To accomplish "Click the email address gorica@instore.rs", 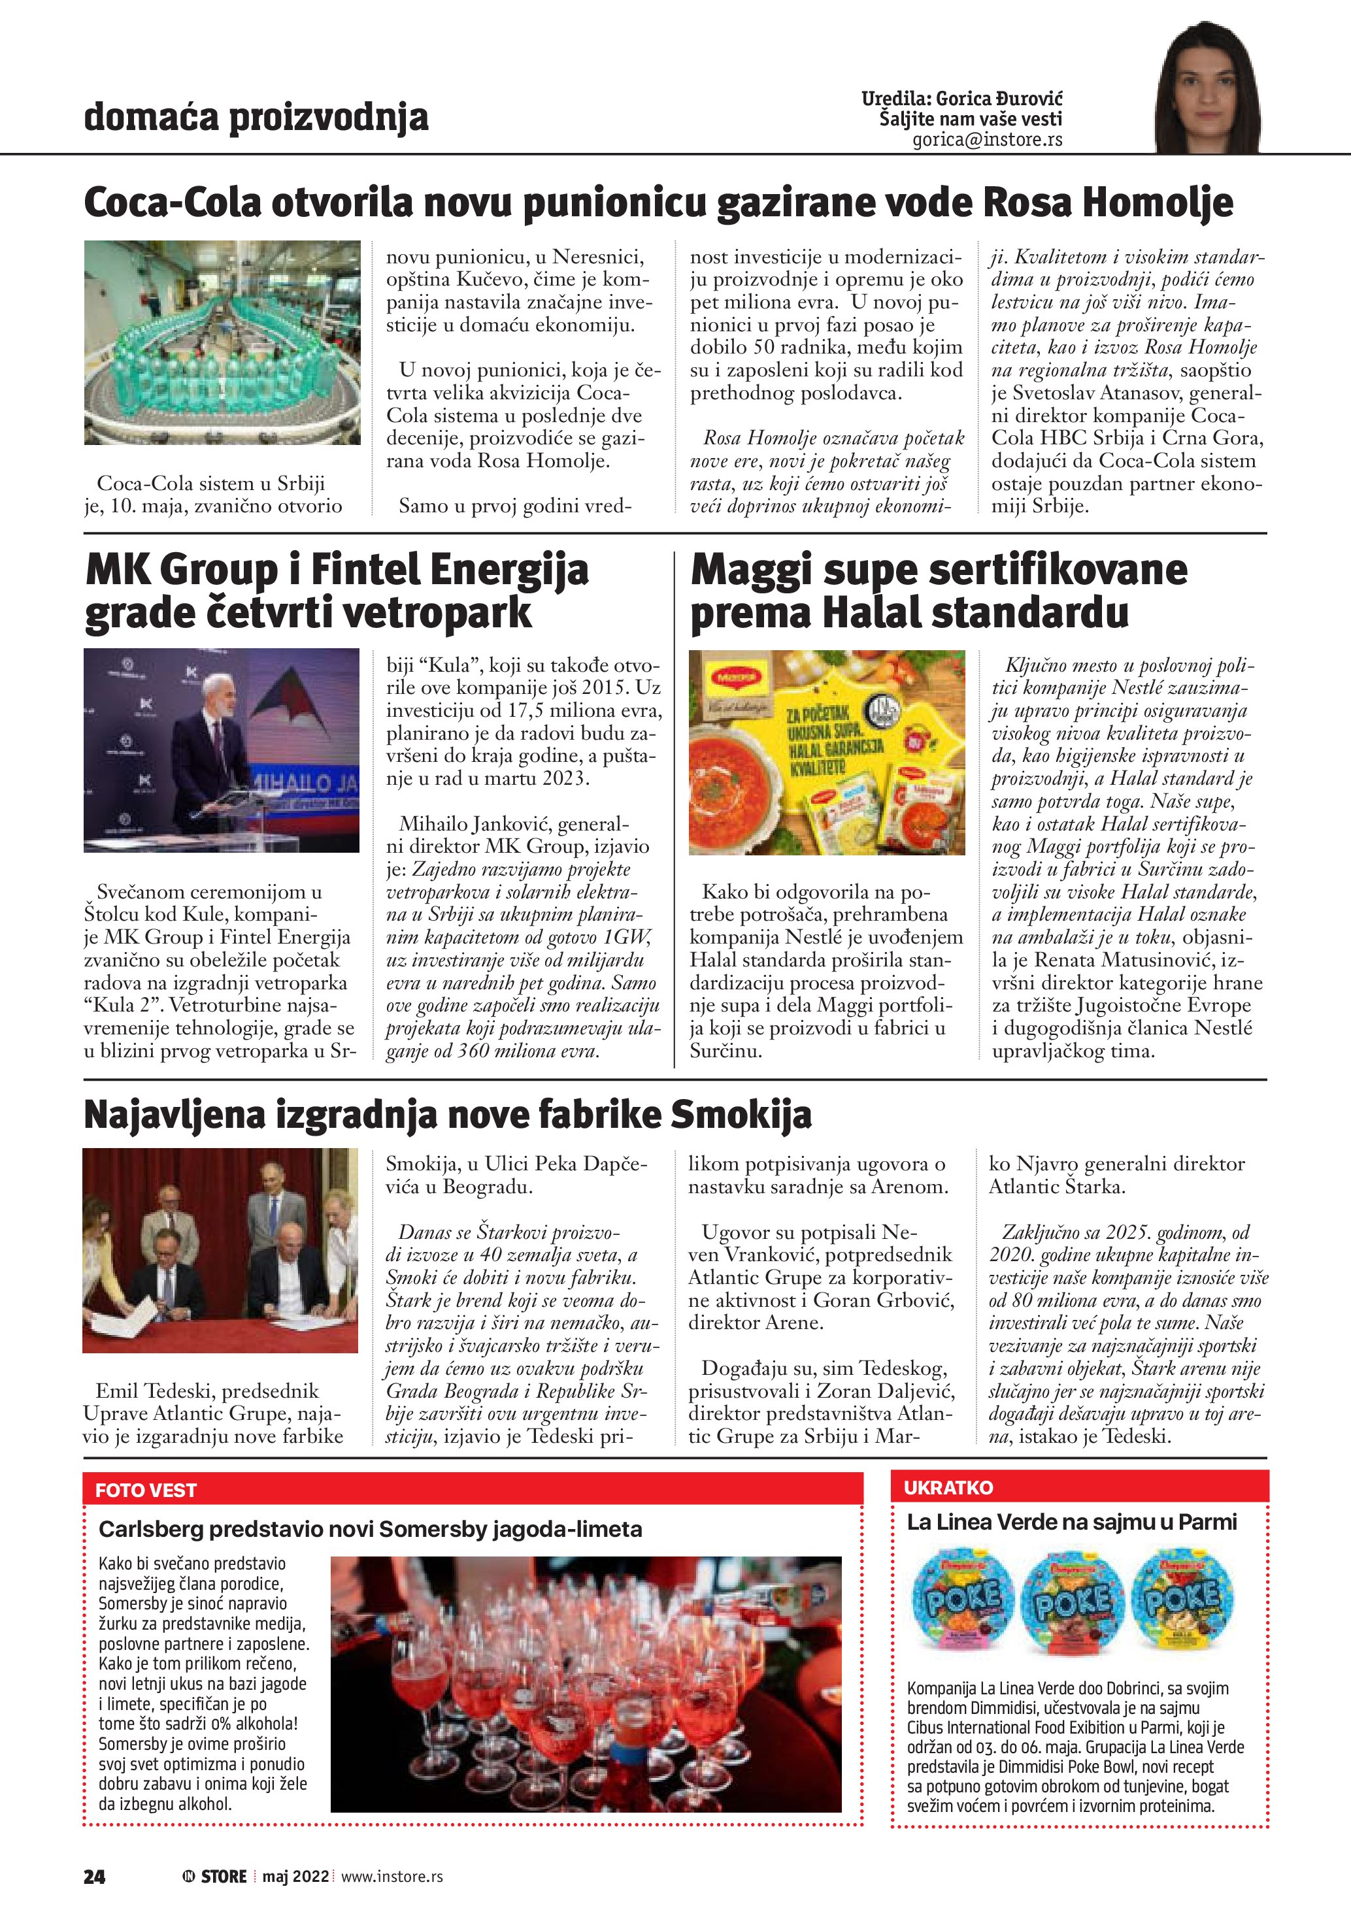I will [x=987, y=140].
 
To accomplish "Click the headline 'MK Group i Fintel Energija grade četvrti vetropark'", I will [x=337, y=591].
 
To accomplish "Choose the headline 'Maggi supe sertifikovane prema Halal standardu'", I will [x=939, y=591].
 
